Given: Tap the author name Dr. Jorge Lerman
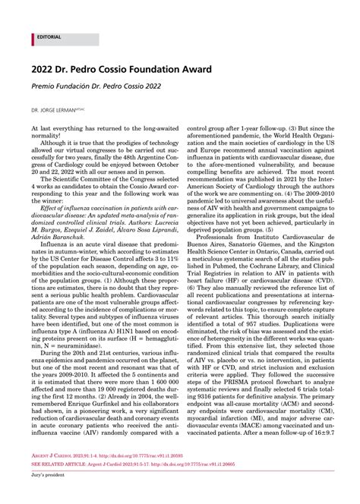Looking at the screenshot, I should [55, 110].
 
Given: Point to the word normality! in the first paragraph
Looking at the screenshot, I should [49, 136].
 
